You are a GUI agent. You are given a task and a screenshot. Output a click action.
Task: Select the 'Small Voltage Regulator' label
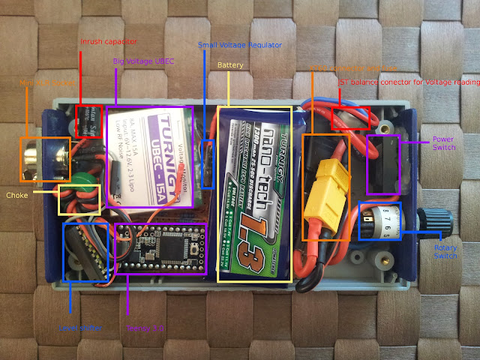pyautogui.click(x=240, y=45)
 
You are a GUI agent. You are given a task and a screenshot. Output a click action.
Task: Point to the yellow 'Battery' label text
pyautogui.click(x=230, y=66)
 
